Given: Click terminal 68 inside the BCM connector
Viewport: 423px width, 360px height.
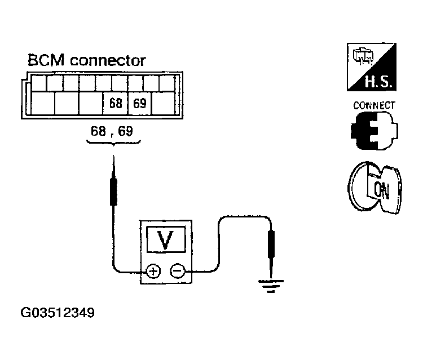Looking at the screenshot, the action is click(x=115, y=104).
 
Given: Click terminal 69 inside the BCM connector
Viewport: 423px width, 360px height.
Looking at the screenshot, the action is click(x=139, y=104).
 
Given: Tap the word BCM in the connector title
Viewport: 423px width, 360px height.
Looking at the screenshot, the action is click(x=46, y=60).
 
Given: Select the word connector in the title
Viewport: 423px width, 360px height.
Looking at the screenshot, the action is click(x=108, y=61).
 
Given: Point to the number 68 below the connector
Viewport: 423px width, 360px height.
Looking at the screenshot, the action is click(x=98, y=131).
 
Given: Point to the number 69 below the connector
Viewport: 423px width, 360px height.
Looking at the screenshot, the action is click(x=126, y=131).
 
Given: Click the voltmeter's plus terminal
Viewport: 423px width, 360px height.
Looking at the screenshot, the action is click(x=153, y=271).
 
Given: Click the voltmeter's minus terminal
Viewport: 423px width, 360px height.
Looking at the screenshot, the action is click(x=177, y=270).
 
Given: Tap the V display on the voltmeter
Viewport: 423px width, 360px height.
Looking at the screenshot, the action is click(x=166, y=239).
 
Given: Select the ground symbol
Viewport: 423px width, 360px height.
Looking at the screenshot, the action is click(x=271, y=286).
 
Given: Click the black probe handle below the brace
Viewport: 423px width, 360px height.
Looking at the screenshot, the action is click(x=113, y=192).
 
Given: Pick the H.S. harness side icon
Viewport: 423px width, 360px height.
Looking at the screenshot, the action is click(x=372, y=67).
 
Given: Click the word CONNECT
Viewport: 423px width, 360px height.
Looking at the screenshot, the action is click(x=374, y=105).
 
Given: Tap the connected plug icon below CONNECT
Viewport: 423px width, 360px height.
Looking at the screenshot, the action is click(x=374, y=131).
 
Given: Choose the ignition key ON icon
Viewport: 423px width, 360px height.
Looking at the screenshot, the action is click(x=374, y=188).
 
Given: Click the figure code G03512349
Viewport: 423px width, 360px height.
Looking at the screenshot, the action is click(x=58, y=313).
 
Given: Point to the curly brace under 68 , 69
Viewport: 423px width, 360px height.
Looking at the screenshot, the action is click(x=113, y=143).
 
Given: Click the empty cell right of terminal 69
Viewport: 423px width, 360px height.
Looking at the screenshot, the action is click(x=164, y=104).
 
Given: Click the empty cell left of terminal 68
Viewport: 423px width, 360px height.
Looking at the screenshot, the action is click(x=91, y=104).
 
